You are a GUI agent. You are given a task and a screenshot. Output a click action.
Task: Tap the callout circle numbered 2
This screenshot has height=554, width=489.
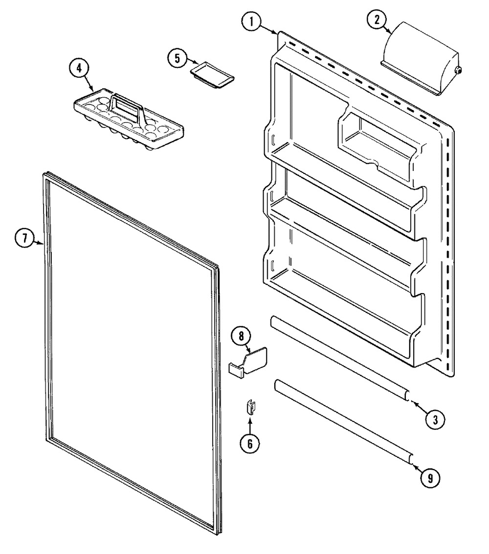(x=378, y=20)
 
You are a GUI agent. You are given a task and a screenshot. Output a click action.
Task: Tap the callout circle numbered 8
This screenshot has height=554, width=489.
(x=241, y=336)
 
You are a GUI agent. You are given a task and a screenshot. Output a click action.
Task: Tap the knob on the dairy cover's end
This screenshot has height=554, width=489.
(x=458, y=71)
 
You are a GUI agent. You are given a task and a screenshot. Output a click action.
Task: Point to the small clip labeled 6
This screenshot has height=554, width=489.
(x=251, y=407)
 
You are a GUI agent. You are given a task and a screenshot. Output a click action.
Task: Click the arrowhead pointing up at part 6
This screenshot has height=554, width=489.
(x=250, y=421)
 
